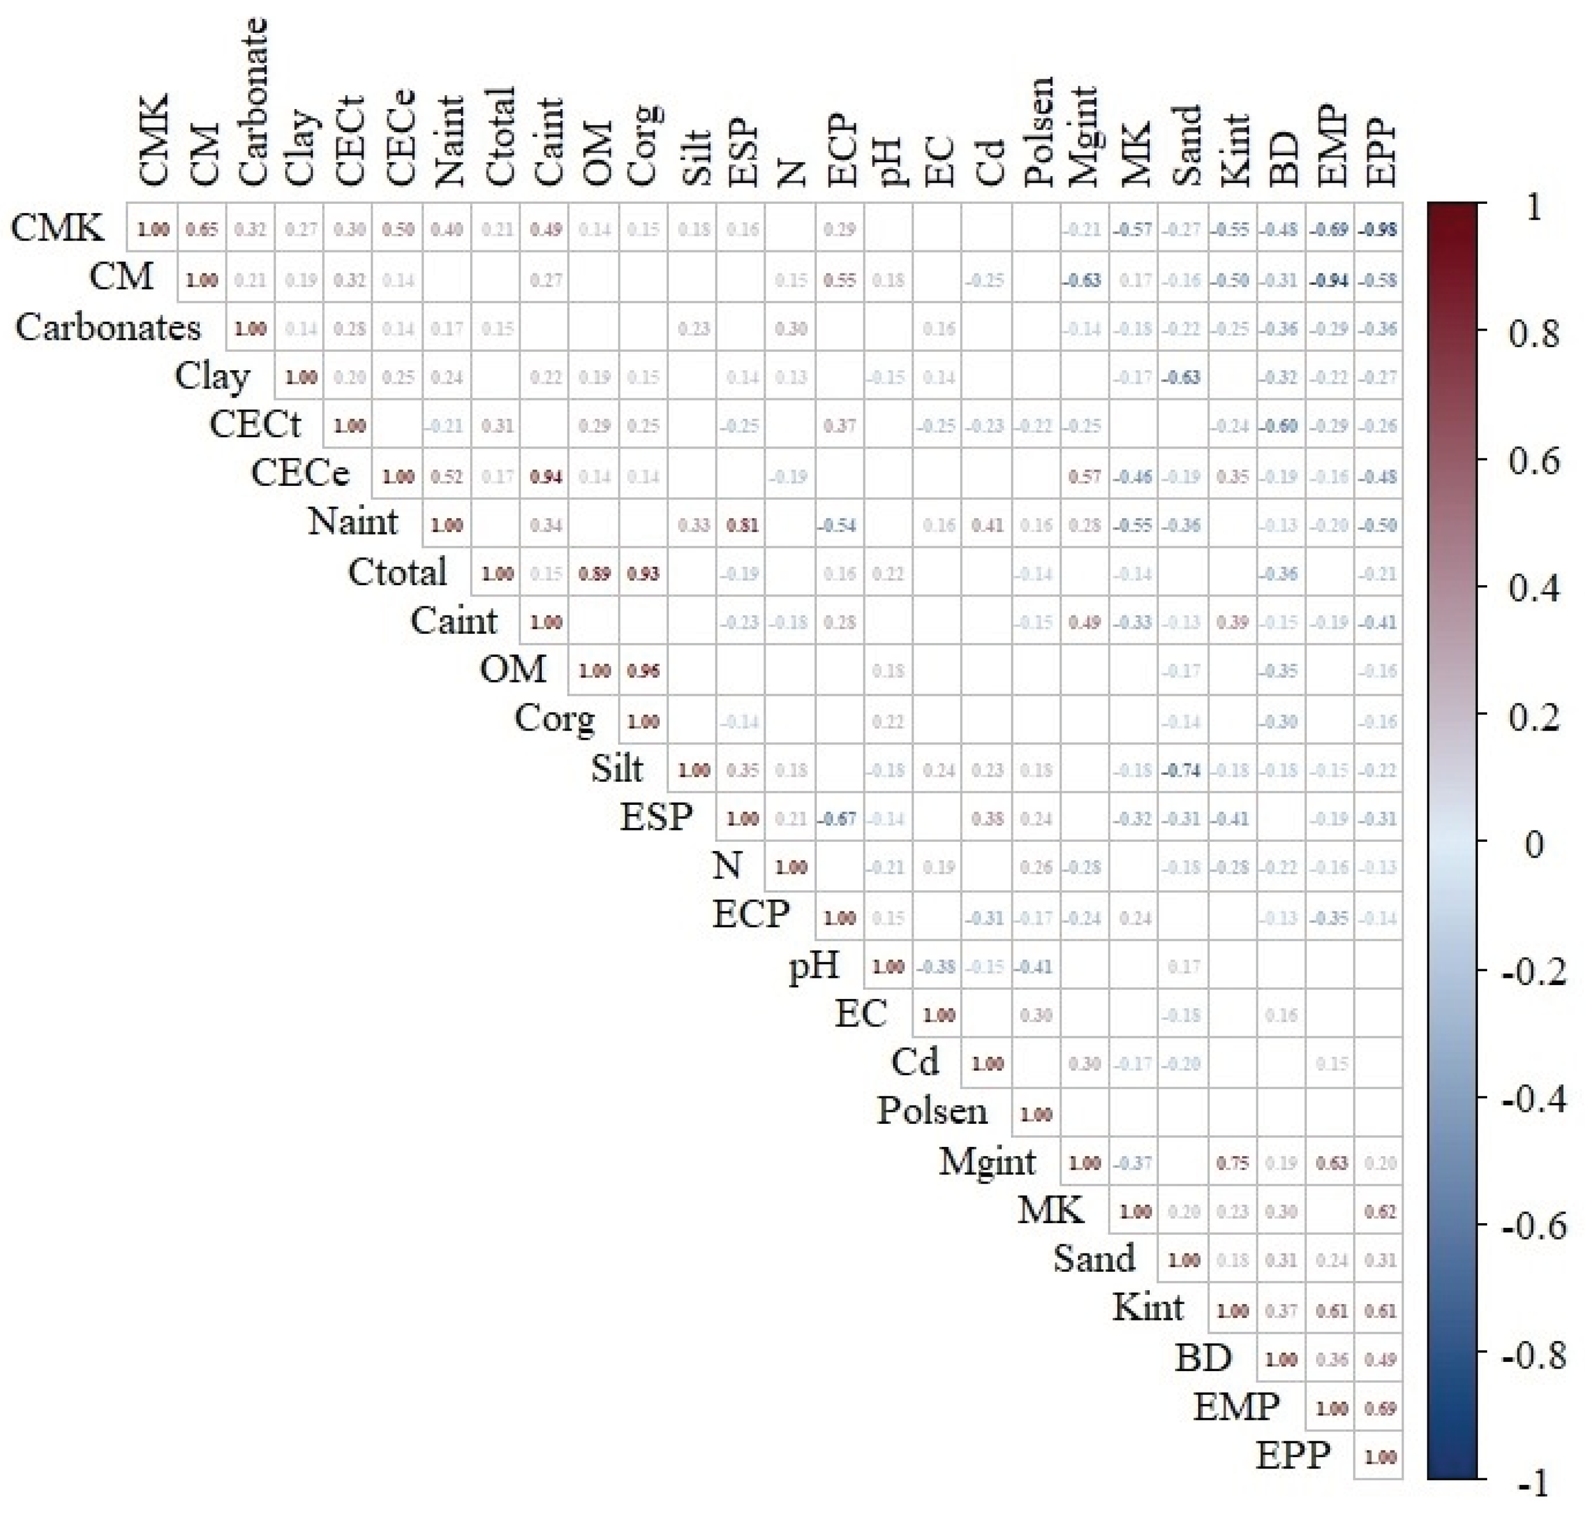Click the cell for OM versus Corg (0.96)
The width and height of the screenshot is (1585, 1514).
point(643,671)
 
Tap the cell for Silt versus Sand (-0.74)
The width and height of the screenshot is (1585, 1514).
point(1183,770)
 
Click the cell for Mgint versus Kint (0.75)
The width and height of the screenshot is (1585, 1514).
point(1232,1163)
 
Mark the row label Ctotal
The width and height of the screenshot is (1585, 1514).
point(397,572)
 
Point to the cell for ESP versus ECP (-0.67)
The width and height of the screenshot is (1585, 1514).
point(839,818)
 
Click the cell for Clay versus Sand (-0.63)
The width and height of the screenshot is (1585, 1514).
point(1183,377)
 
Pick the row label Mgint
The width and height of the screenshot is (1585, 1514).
point(986,1163)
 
